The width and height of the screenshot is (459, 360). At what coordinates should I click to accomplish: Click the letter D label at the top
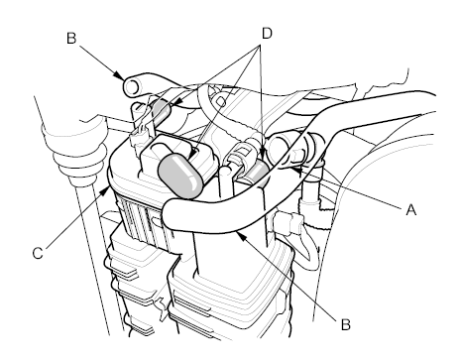(267, 34)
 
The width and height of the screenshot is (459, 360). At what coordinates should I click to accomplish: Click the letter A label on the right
(410, 209)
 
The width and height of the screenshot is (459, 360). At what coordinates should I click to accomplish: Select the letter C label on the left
(38, 253)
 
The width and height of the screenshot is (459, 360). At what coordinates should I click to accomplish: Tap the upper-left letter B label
(71, 38)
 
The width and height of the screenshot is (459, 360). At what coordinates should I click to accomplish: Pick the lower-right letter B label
(345, 324)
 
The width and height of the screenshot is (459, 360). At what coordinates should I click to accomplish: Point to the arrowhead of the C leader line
(106, 190)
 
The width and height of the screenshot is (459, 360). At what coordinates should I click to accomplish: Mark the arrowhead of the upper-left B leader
(119, 75)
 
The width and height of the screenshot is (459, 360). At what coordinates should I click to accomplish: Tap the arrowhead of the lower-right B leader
(241, 236)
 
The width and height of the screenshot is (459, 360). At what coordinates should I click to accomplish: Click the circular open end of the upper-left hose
(132, 87)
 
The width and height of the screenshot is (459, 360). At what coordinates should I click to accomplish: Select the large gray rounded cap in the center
(180, 176)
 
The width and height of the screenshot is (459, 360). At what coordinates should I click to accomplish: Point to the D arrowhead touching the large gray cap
(193, 153)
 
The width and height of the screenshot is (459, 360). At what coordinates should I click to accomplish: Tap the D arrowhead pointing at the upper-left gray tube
(174, 103)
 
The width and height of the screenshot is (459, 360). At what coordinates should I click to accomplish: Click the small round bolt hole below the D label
(221, 101)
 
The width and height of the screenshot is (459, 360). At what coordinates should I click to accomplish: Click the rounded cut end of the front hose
(171, 213)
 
